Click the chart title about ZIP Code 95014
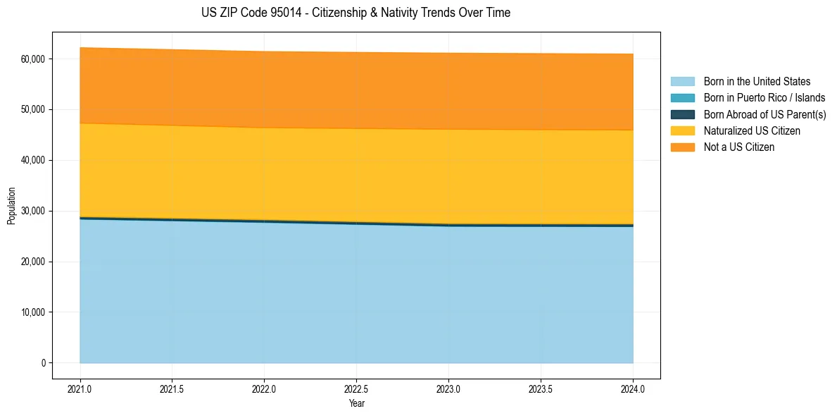355,13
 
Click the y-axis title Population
11,206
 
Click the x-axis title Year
356,403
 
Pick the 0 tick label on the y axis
43,363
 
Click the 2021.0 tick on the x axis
80,389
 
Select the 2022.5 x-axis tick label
356,389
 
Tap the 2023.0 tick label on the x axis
448,389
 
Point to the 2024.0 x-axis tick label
633,389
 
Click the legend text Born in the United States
757,82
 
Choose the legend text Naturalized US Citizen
752,131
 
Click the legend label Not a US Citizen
739,147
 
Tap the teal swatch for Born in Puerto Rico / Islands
682,98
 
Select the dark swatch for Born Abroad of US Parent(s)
682,114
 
